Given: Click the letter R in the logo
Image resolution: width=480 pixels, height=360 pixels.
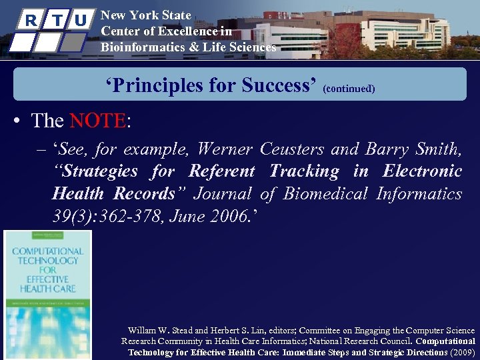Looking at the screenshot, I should (x=29, y=19).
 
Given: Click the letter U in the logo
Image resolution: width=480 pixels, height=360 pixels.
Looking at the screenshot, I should (x=81, y=20).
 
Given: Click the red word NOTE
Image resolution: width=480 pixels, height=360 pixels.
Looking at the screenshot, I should (x=97, y=121).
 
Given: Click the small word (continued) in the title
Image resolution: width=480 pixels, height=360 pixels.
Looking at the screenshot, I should (x=349, y=88).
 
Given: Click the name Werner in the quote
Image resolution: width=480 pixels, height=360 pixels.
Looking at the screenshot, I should (x=227, y=149).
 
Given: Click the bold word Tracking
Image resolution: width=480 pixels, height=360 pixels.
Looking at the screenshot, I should (x=304, y=171).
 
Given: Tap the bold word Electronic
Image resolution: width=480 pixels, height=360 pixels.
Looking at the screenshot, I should (x=422, y=171).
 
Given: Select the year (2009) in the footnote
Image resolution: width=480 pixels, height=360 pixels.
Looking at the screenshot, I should (x=463, y=352).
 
